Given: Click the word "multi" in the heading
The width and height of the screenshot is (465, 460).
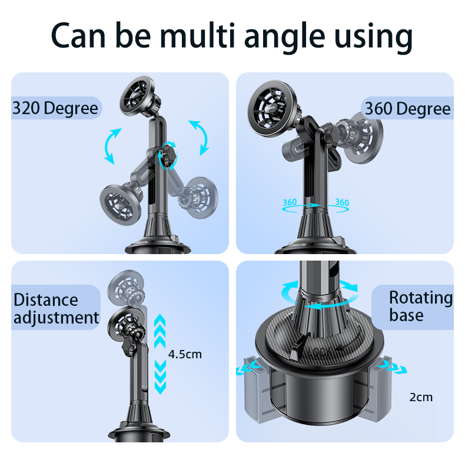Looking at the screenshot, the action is [198, 35].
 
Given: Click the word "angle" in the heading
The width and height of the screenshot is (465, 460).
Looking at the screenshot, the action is [285, 38].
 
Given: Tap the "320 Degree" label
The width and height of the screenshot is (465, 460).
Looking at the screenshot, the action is [55, 108].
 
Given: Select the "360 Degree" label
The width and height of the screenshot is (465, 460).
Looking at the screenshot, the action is [408, 109].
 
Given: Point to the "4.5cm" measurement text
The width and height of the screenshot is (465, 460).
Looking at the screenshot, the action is [185, 354].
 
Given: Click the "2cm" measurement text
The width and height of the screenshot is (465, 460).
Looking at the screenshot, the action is [421, 397].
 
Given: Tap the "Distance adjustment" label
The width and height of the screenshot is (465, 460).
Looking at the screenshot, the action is [56, 309].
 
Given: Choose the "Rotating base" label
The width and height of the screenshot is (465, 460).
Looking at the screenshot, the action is [421, 306].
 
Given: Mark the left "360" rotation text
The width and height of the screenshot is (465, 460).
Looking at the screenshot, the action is [290, 202].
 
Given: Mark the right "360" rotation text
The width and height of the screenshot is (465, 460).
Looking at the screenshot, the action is [342, 202].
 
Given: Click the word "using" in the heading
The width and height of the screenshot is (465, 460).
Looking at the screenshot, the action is [373, 38].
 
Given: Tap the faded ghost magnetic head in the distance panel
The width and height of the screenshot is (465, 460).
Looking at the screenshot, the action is [127, 287].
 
